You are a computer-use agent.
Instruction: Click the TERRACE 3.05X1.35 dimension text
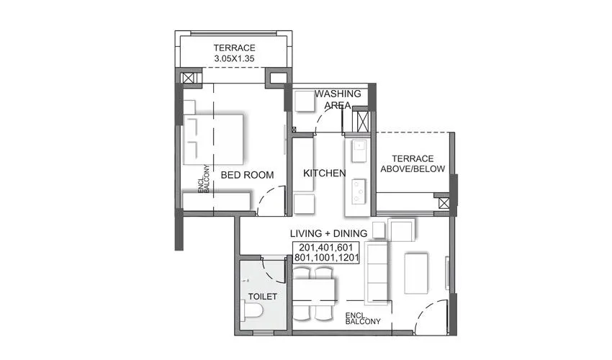pos(233,53)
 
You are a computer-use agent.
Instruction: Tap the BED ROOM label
pos(247,175)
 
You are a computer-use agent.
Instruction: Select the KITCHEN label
pos(324,174)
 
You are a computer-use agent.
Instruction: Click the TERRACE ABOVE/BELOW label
pos(413,163)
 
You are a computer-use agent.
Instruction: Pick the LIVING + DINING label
pos(328,233)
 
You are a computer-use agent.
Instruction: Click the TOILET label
pos(262,296)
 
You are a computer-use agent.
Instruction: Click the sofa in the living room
pos(377,273)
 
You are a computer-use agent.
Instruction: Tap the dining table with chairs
pos(315,293)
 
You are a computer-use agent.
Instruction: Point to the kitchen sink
pos(358,150)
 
